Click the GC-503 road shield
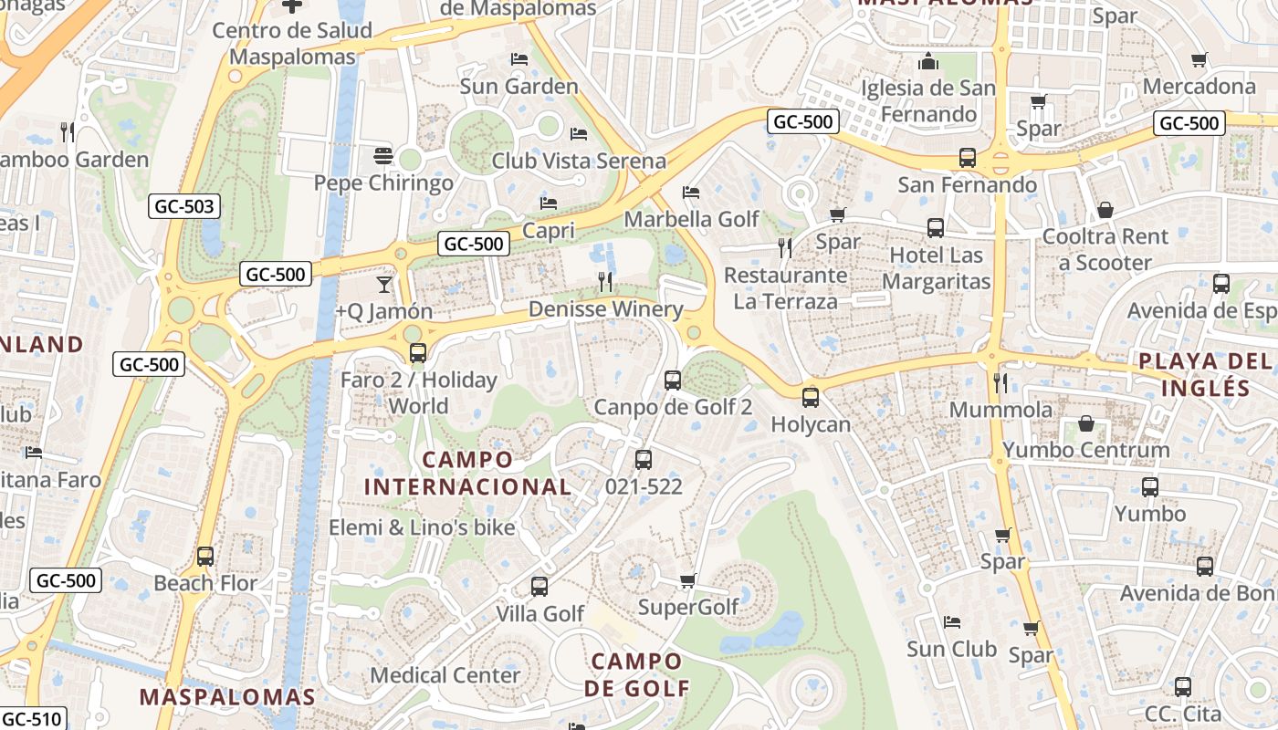(185, 207)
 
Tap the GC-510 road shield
(32, 719)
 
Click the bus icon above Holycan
(810, 398)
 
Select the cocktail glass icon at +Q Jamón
(384, 285)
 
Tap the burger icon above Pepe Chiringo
(383, 156)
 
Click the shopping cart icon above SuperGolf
(688, 581)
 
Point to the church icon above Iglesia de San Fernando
(928, 61)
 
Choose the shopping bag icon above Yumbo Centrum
(1086, 423)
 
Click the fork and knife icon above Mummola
(1000, 383)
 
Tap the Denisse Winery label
(606, 309)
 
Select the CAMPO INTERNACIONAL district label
(468, 473)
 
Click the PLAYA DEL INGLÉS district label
(1205, 374)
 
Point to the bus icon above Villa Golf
(539, 587)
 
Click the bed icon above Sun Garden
(519, 60)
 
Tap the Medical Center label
(445, 675)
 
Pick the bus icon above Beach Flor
(205, 556)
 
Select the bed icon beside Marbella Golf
(691, 193)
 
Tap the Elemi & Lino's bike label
(422, 527)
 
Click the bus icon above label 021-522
(644, 460)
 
